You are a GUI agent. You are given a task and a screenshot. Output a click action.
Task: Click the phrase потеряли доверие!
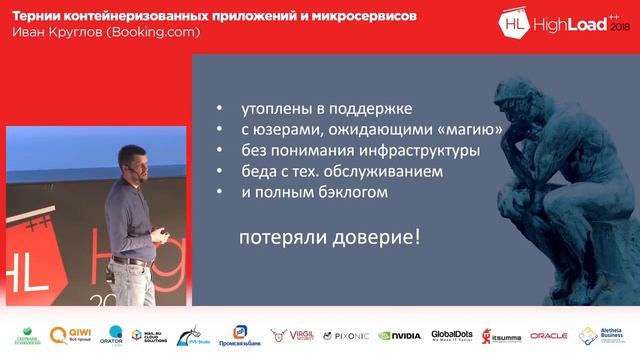329,238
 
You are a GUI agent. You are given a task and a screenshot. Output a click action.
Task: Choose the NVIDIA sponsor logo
400,336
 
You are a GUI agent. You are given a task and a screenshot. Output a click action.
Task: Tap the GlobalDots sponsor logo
451,336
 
